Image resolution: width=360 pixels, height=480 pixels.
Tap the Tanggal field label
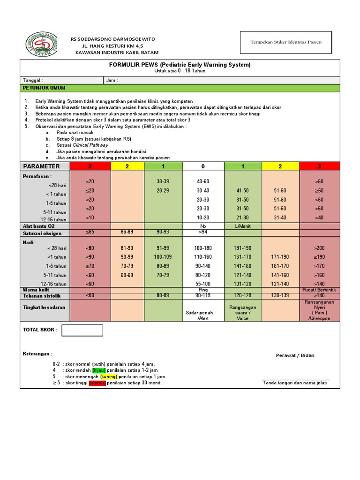33,80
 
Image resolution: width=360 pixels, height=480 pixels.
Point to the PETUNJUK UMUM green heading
45,88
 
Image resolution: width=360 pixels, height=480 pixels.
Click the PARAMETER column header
42,166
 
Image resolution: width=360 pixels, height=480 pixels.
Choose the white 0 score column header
203,166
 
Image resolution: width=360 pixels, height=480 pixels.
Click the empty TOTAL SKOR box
82,330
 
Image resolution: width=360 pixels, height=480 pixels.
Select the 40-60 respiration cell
203,181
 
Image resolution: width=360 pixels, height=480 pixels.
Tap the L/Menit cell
242,226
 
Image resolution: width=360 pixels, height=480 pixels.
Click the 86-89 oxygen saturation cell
127,232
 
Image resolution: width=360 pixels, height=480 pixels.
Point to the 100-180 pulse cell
203,248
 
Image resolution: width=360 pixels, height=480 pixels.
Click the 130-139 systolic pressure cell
280,296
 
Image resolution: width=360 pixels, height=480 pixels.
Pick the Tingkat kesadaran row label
45,307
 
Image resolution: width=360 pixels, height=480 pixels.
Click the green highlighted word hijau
99,370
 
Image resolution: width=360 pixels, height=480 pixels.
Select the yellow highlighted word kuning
108,376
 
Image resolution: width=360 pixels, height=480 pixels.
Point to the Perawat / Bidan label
295,355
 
